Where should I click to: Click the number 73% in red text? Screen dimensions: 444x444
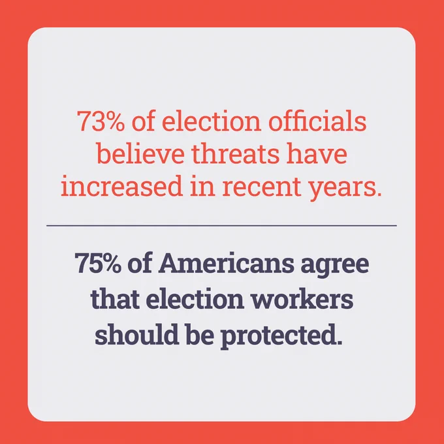[x=101, y=121]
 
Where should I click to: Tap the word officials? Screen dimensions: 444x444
[x=317, y=121]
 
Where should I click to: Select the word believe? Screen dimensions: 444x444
[x=141, y=153]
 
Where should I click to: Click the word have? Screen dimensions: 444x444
[x=317, y=153]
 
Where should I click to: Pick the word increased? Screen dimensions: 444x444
[x=121, y=185]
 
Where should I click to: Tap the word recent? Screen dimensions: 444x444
[x=261, y=187]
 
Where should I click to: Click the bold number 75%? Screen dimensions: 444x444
[x=98, y=263]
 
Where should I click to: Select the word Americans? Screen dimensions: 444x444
[x=226, y=262]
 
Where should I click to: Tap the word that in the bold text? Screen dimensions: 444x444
[x=115, y=299]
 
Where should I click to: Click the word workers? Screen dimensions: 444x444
[x=302, y=299]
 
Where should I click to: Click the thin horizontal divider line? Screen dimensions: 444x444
[x=222, y=226]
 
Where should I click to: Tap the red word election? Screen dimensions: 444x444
[x=212, y=121]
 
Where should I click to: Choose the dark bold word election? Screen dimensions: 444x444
[x=195, y=299]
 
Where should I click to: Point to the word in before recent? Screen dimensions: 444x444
[x=202, y=185]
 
